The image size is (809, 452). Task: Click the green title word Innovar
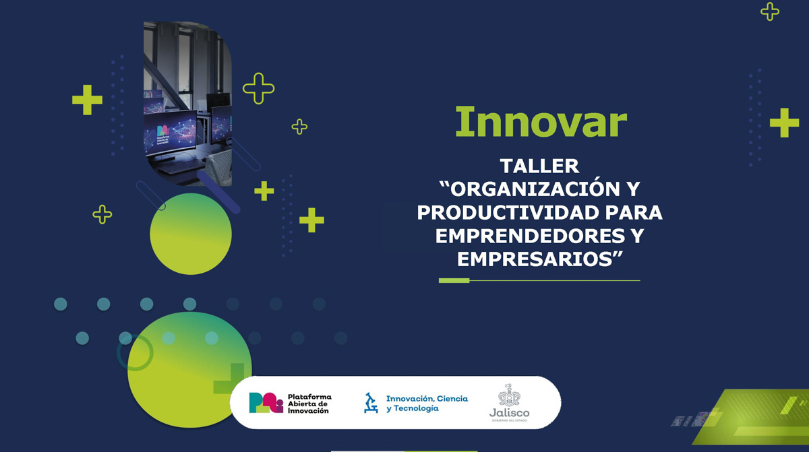(x=541, y=122)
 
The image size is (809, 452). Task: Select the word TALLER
(x=539, y=166)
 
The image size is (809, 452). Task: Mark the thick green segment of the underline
(x=454, y=280)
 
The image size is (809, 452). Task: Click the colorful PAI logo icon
(x=266, y=402)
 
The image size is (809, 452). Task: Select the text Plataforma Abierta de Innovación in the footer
(x=309, y=403)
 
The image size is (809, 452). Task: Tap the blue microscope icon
(x=371, y=403)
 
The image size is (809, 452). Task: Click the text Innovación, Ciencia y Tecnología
(x=426, y=403)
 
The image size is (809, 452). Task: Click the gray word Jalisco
(x=509, y=413)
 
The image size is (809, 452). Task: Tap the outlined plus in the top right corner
(x=770, y=11)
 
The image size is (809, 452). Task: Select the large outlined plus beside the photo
(x=258, y=88)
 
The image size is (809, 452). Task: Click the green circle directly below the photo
(x=191, y=234)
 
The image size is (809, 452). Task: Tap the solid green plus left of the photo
(x=88, y=100)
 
